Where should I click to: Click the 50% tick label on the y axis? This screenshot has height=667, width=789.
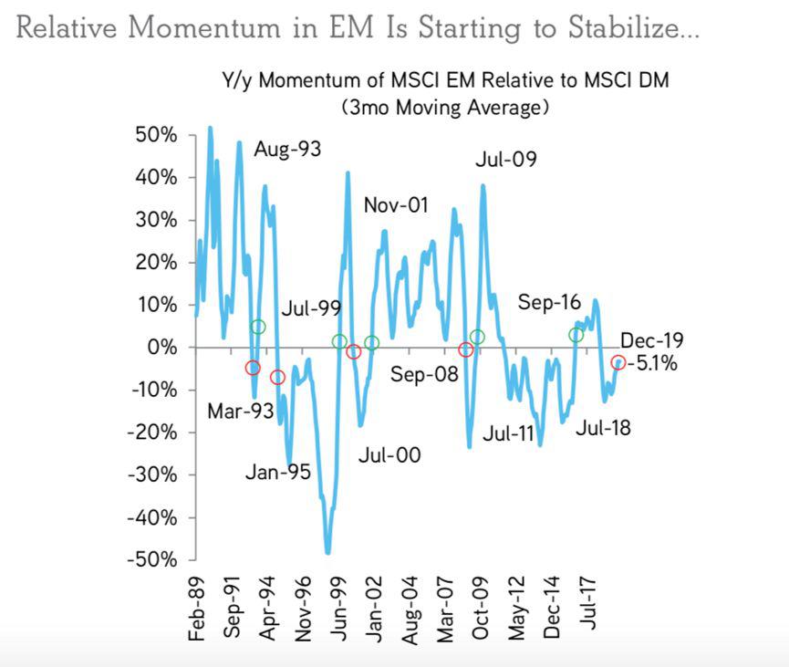click(x=156, y=135)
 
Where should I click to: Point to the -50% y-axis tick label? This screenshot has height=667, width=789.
click(x=152, y=559)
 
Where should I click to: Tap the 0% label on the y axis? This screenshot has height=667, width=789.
click(x=162, y=347)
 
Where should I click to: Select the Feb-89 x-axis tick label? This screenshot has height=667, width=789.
click(x=196, y=609)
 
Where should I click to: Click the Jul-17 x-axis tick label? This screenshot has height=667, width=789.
click(x=587, y=603)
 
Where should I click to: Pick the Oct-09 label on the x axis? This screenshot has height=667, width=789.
click(x=481, y=608)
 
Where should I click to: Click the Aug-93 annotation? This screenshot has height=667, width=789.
click(x=287, y=149)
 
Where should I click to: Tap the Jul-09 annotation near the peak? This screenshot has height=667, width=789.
click(x=506, y=159)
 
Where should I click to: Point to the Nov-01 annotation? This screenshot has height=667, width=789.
click(x=396, y=205)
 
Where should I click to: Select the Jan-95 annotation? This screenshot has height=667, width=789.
click(x=278, y=472)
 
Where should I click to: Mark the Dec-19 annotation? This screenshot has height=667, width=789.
click(x=652, y=340)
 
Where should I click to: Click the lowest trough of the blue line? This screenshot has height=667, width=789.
click(x=328, y=553)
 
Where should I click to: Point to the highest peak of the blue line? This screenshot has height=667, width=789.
click(x=211, y=128)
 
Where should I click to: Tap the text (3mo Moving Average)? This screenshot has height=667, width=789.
click(x=445, y=108)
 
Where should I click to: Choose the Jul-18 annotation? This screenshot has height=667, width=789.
click(x=603, y=428)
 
